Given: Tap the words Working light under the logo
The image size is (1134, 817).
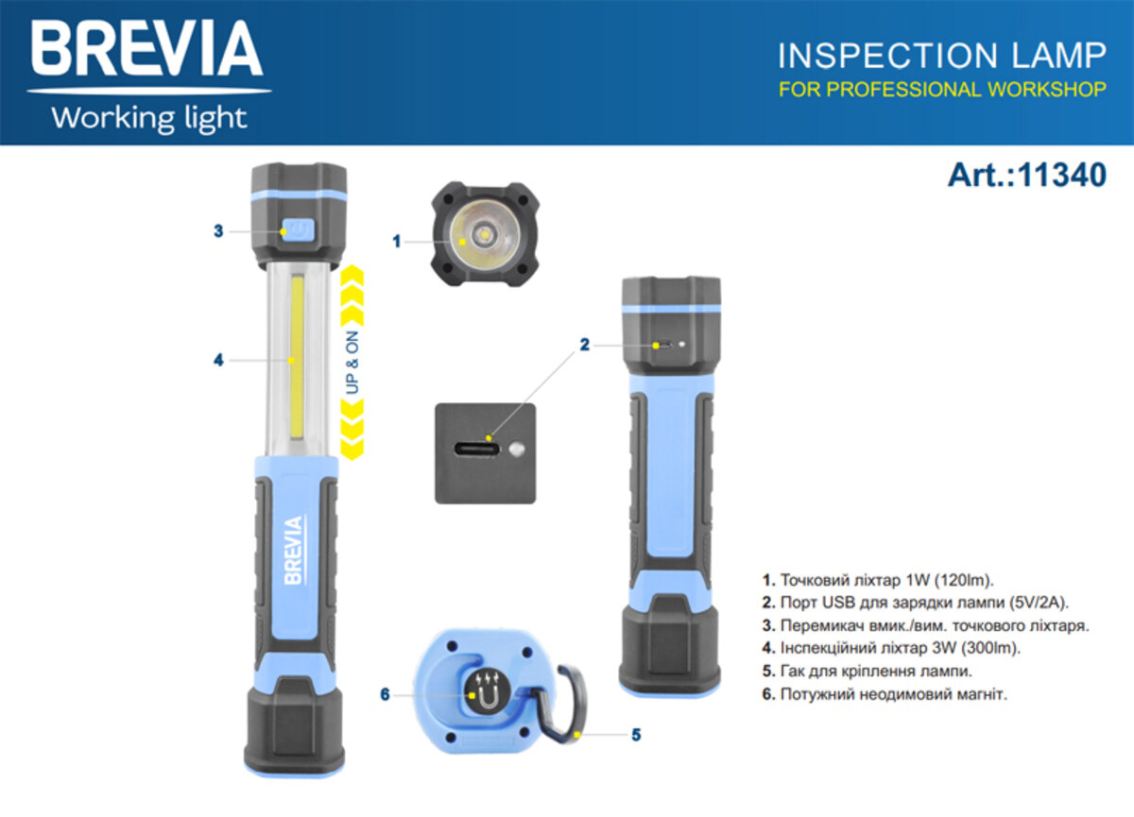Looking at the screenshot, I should (x=148, y=118).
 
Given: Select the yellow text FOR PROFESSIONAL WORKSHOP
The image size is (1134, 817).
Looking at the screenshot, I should (x=941, y=90).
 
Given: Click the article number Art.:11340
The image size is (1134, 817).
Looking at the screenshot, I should (x=1026, y=175).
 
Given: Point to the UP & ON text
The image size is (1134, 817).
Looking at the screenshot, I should (x=352, y=364).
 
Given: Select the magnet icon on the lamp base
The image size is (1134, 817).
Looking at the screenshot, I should (x=487, y=694).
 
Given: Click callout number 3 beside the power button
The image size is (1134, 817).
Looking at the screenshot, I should (x=218, y=230).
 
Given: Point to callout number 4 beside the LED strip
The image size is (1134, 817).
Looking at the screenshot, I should (x=218, y=360).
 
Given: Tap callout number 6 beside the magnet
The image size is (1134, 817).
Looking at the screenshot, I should (x=385, y=694).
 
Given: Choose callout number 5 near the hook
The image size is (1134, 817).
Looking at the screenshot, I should (x=636, y=733).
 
